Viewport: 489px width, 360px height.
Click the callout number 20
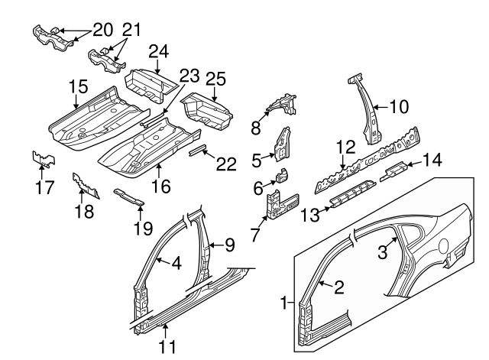[x=102, y=30]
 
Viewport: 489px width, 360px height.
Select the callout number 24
[x=157, y=53]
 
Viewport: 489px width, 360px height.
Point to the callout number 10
[x=400, y=106]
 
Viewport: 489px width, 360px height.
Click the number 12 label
[x=345, y=146]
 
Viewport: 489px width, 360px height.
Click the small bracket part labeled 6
[x=282, y=176]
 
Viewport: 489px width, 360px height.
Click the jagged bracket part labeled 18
[x=86, y=187]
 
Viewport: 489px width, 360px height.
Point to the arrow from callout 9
[x=209, y=245]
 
